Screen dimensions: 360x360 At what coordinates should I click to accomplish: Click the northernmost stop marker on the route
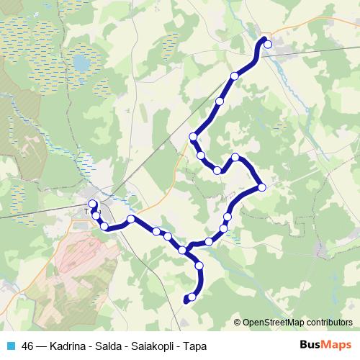tap(268, 44)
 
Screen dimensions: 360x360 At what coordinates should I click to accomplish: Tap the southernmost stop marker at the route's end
tap(192, 297)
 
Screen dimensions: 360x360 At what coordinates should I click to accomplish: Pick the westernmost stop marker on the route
tap(92, 204)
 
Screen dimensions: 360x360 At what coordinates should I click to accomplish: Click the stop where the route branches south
tap(183, 250)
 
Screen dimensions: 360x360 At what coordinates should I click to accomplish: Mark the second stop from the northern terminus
tap(234, 76)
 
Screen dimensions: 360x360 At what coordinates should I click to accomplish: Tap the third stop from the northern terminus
tap(220, 102)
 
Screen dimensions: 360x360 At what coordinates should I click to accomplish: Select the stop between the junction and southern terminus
tap(199, 266)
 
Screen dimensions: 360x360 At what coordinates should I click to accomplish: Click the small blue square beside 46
tap(9, 345)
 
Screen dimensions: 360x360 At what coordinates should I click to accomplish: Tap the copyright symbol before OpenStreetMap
tap(238, 323)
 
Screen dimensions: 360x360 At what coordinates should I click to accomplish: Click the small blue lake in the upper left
tap(81, 63)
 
